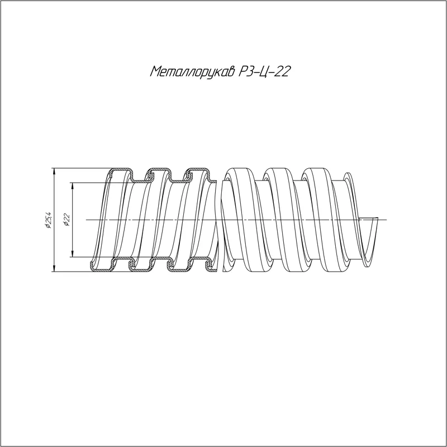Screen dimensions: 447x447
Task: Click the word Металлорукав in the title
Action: pyautogui.click(x=192, y=72)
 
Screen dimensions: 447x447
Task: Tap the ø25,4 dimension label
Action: pyautogui.click(x=48, y=220)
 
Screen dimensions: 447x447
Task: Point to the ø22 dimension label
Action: pyautogui.click(x=66, y=220)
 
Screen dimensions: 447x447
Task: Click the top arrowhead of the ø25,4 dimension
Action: pyautogui.click(x=53, y=171)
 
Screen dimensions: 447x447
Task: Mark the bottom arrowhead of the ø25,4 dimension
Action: pyautogui.click(x=53, y=269)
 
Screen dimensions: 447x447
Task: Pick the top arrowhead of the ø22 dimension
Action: pyautogui.click(x=73, y=186)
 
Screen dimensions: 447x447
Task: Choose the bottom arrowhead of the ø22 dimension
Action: pyautogui.click(x=73, y=254)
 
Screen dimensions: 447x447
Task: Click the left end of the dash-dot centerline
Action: pyautogui.click(x=87, y=220)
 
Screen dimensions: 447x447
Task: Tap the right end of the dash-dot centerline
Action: pyautogui.click(x=386, y=220)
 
